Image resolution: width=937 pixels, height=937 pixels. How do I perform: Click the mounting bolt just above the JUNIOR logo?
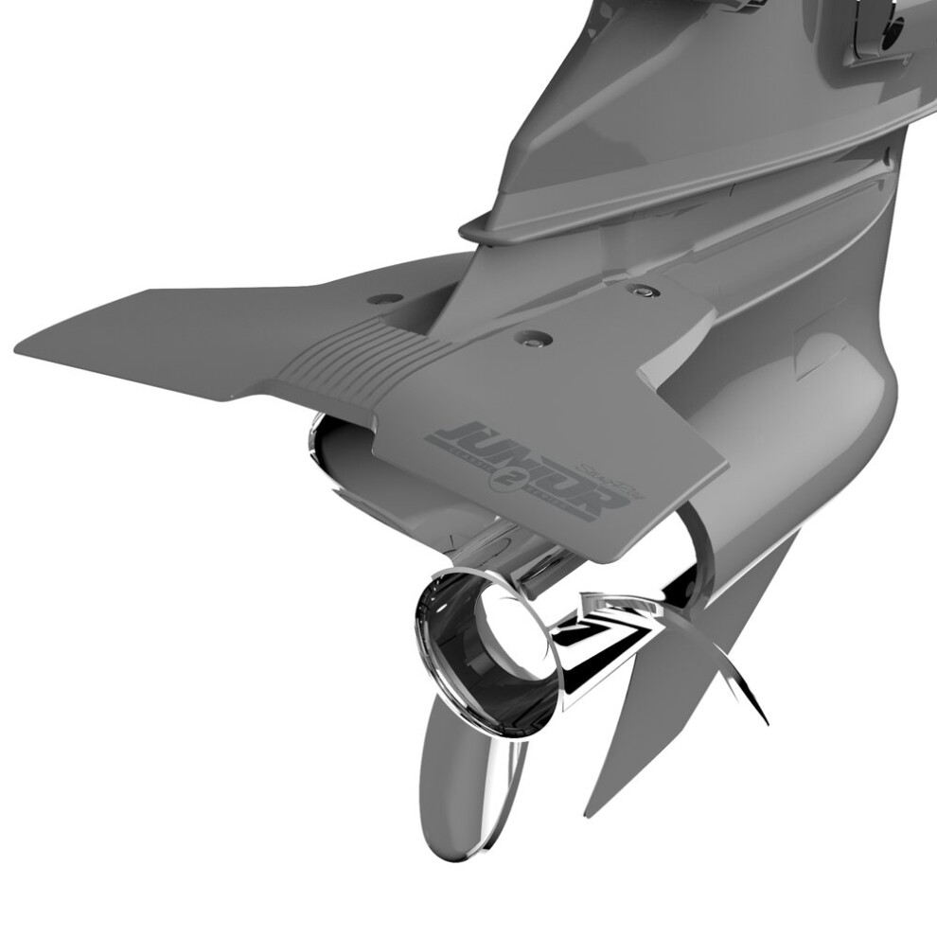(533, 337)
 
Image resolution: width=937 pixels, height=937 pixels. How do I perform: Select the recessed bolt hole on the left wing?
(384, 299)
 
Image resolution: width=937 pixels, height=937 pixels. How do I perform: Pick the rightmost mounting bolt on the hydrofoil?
(644, 291)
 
